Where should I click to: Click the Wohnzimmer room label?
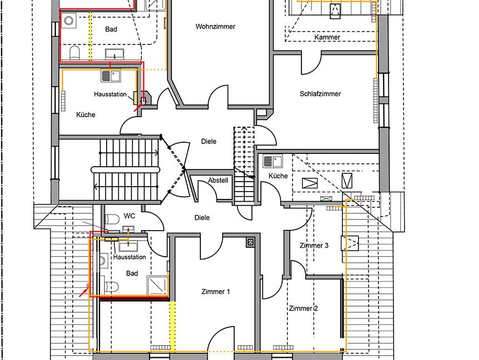pos(215,27)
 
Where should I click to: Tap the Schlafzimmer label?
pos(320,94)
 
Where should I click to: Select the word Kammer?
pos(327,37)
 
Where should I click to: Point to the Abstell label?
pos(218,181)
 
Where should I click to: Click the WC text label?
pos(129,216)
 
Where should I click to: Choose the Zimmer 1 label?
pos(215,292)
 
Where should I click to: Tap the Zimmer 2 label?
pos(304,308)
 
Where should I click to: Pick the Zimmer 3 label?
pos(314,246)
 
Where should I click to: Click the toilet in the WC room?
pos(112,219)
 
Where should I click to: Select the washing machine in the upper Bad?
pos(69,21)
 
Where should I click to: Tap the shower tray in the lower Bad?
pos(157,286)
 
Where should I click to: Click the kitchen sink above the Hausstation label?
pos(110,76)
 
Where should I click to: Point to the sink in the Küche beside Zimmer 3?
pos(273,162)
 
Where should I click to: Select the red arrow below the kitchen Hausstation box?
pos(138,107)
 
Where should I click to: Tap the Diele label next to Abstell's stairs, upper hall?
pos(209,142)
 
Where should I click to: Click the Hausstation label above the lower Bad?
pos(129,257)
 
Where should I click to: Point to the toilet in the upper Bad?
pos(74,53)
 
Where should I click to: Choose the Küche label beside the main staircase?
pos(85,114)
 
